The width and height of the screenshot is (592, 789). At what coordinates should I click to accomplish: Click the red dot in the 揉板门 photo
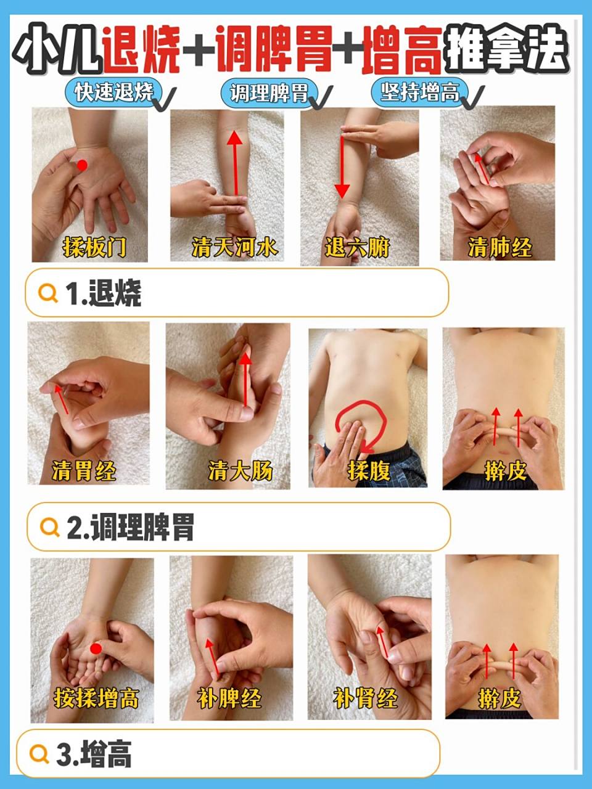click(82, 165)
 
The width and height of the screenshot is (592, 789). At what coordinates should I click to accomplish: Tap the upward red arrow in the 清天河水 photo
click(235, 163)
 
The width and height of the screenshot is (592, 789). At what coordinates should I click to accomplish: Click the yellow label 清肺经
click(499, 248)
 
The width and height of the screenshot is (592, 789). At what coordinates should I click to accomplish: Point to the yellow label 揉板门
click(94, 248)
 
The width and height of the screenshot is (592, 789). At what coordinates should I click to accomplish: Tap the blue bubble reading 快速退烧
click(114, 92)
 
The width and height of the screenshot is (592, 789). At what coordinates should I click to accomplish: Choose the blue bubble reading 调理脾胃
click(269, 93)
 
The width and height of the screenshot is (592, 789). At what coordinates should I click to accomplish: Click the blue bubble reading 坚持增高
click(420, 92)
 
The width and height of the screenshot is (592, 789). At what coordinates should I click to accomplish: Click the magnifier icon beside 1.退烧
click(48, 293)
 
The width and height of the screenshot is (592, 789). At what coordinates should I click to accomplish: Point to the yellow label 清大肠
click(240, 470)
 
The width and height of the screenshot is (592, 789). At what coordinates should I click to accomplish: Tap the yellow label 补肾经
click(366, 698)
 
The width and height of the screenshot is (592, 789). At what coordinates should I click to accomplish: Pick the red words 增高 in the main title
click(402, 51)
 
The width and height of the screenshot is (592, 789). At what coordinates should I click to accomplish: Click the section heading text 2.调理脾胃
click(130, 528)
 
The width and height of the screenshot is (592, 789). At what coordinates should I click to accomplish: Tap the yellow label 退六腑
click(357, 248)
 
